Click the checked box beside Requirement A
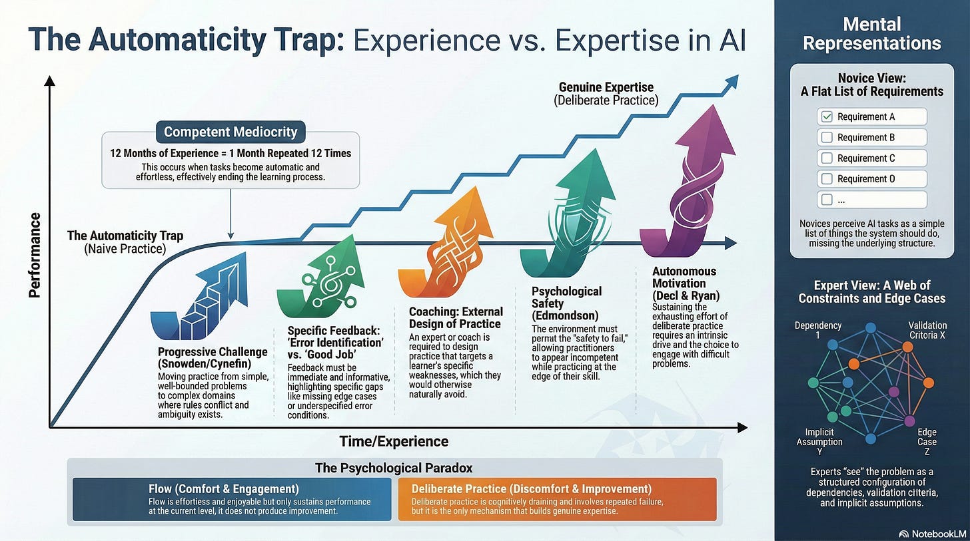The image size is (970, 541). coord(827,117)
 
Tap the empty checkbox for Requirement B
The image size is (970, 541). coord(827,138)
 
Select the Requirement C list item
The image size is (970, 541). coord(871,158)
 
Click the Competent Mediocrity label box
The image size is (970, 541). coord(231,132)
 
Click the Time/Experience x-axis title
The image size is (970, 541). coord(394,441)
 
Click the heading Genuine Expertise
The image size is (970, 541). coord(606,87)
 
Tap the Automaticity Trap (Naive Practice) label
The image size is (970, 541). coord(125,242)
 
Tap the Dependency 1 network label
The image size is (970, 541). coord(818,331)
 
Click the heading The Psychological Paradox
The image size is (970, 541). coord(394,468)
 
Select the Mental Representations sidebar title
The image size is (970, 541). coord(871,35)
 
